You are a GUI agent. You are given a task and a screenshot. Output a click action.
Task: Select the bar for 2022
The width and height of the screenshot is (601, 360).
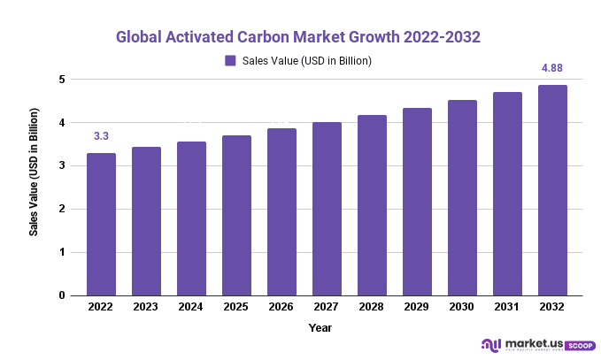coord(101,224)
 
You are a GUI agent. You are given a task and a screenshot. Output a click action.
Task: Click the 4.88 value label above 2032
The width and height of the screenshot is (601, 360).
coord(552,68)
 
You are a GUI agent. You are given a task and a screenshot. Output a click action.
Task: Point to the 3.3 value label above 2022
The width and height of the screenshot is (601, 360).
coord(101,136)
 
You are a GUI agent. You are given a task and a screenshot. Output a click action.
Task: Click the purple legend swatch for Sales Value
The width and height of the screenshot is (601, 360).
coord(230,61)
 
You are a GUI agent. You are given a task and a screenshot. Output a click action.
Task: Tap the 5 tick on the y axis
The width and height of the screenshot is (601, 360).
coord(63,80)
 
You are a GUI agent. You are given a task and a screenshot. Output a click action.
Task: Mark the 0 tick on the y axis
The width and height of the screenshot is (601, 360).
coord(63,295)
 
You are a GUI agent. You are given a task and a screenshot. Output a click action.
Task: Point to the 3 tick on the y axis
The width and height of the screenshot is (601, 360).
coord(63,166)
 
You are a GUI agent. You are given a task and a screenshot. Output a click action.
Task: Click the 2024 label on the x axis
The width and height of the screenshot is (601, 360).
coord(191,307)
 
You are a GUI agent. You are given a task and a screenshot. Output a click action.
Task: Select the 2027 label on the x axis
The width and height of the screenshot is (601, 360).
coord(327,307)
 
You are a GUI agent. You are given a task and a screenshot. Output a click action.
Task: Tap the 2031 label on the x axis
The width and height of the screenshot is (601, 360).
coord(507,307)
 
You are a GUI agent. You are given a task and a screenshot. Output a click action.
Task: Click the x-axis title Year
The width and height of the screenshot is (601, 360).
coord(320,327)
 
